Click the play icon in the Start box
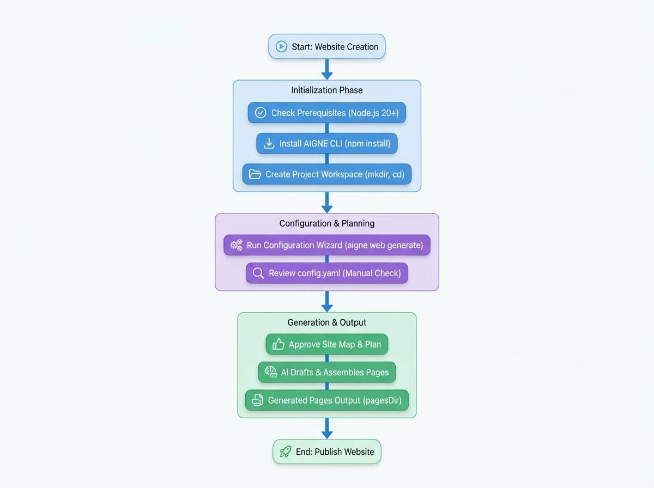pos(281,46)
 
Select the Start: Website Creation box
pos(327,46)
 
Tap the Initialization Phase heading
pos(327,90)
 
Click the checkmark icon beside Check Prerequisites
pos(261,113)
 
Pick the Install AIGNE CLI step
pos(327,143)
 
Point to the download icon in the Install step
pos(269,143)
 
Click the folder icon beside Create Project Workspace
pos(255,174)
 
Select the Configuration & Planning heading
pos(327,223)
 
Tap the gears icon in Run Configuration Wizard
pos(237,245)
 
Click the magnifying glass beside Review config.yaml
pos(258,273)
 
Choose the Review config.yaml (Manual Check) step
pos(327,273)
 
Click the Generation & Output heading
pos(327,322)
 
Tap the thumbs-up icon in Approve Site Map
pos(278,344)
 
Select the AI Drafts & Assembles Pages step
pos(327,372)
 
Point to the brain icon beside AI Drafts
pos(271,372)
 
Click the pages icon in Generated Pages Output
pos(257,400)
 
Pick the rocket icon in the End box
pos(285,452)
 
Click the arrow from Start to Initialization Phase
pos(327,69)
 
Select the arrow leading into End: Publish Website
pos(327,429)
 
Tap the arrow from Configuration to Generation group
pos(327,302)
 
